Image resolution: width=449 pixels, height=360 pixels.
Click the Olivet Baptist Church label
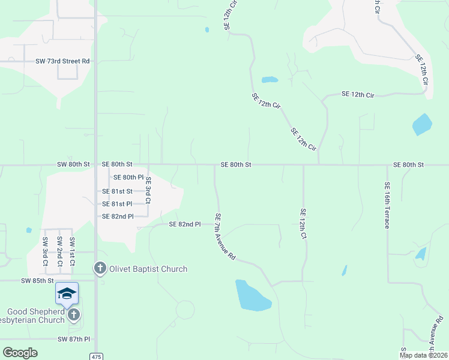pos(148,269)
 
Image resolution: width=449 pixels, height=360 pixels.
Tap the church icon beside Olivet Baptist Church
pos(100,268)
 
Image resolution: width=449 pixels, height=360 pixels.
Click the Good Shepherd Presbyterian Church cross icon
pos(73,315)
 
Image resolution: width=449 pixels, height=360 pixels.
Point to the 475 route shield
pos(96,356)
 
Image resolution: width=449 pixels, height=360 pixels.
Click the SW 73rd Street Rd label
pos(62,61)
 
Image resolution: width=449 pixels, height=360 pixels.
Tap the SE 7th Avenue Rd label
pos(224,236)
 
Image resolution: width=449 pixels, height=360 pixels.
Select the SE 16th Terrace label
pos(387,205)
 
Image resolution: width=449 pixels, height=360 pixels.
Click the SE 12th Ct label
pos(303,224)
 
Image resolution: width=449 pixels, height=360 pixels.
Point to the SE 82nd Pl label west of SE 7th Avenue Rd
pos(184,224)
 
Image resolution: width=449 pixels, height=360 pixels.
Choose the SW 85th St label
pos(38,280)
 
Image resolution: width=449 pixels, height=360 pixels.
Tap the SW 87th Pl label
pos(74,339)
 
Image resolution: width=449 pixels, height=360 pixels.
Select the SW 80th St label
pos(73,164)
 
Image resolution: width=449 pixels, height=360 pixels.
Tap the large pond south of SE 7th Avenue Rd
pos(253,295)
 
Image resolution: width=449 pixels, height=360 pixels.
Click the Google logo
pos(20,352)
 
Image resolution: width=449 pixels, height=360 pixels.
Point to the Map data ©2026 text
pos(423,355)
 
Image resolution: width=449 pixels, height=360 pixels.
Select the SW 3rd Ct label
pos(45,252)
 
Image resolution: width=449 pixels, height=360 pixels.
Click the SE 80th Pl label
pos(128,178)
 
